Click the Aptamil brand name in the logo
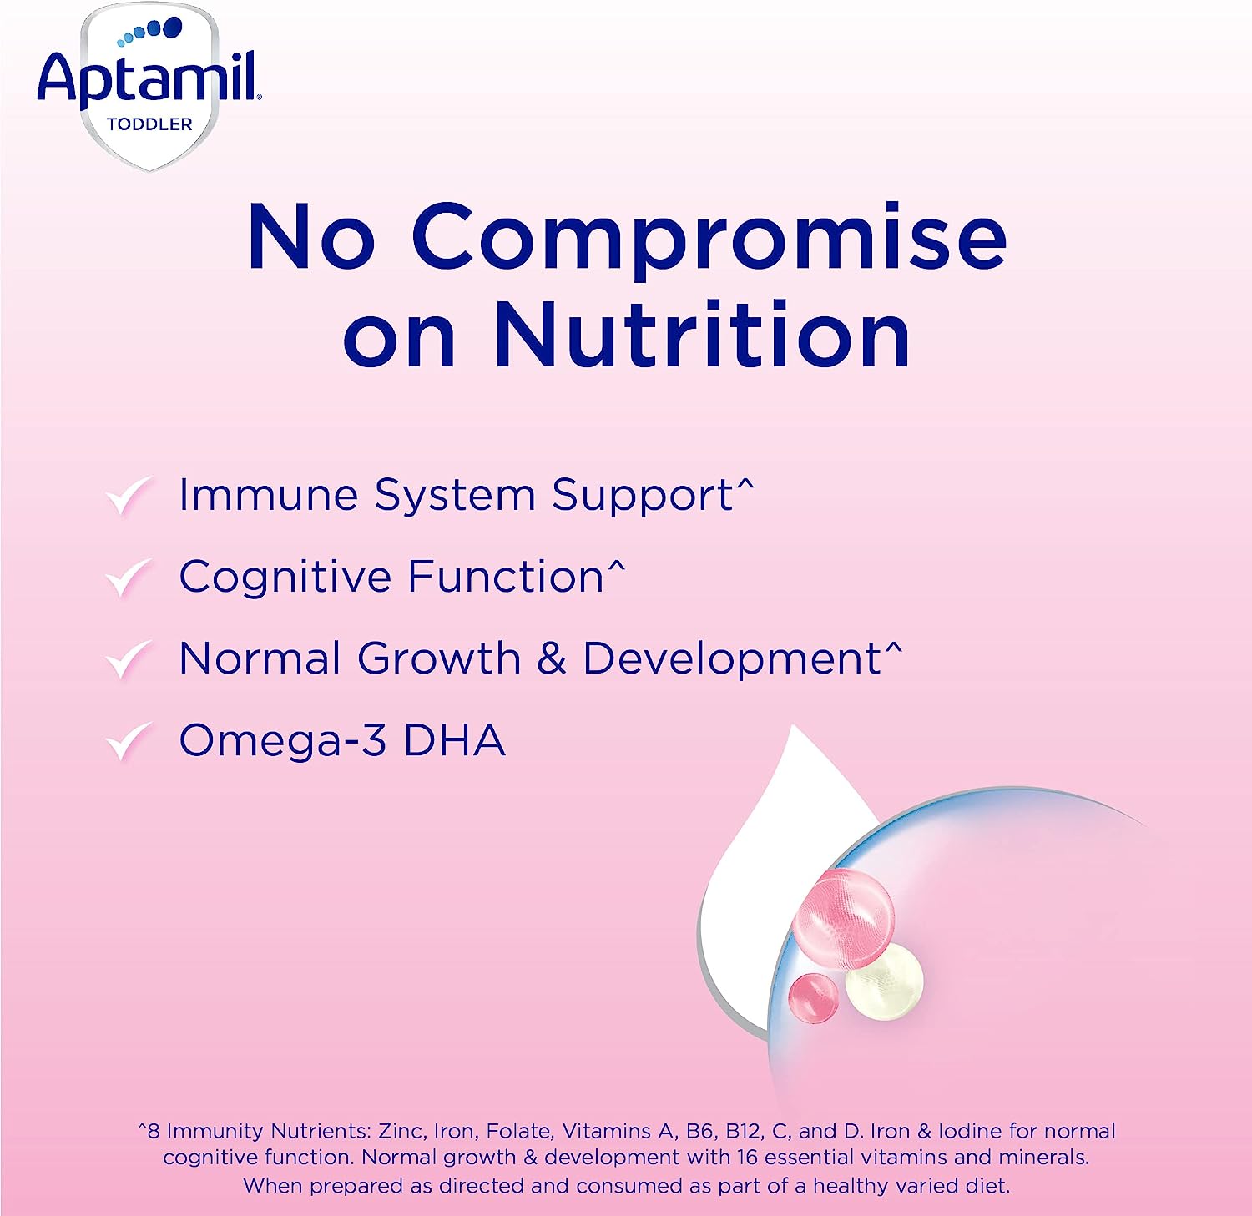pyautogui.click(x=149, y=79)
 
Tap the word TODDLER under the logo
pyautogui.click(x=149, y=124)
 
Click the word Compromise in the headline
pyautogui.click(x=709, y=240)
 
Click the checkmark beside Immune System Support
pyautogui.click(x=129, y=497)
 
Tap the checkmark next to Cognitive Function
pyautogui.click(x=129, y=578)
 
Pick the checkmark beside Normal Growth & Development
pyautogui.click(x=129, y=659)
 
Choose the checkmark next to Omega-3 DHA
pyautogui.click(x=129, y=741)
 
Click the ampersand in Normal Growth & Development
pyautogui.click(x=552, y=658)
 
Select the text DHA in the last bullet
pyautogui.click(x=454, y=740)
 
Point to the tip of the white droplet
pyautogui.click(x=792, y=726)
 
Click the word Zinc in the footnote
pyautogui.click(x=400, y=1131)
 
